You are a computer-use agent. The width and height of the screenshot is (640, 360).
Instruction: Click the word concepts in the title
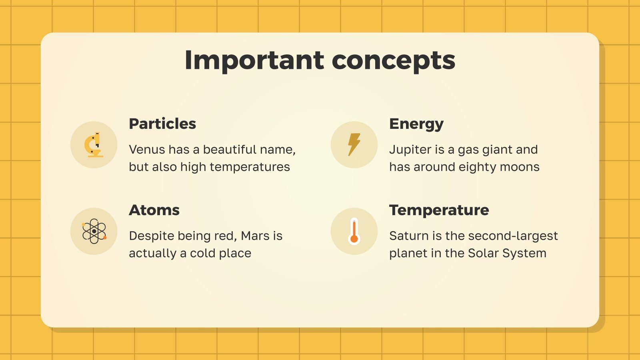click(394, 60)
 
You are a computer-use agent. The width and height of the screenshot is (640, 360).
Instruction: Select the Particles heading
click(162, 124)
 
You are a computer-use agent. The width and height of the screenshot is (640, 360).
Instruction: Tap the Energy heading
click(416, 124)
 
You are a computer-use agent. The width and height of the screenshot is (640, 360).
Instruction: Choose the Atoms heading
click(154, 210)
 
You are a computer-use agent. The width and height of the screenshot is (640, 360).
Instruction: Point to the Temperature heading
click(439, 210)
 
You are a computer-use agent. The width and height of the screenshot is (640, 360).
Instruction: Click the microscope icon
click(94, 145)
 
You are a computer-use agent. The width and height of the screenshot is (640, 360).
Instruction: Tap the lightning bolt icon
click(354, 144)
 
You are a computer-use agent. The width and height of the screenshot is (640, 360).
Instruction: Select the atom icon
click(94, 231)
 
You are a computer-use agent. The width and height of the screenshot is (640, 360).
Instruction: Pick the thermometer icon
click(354, 231)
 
